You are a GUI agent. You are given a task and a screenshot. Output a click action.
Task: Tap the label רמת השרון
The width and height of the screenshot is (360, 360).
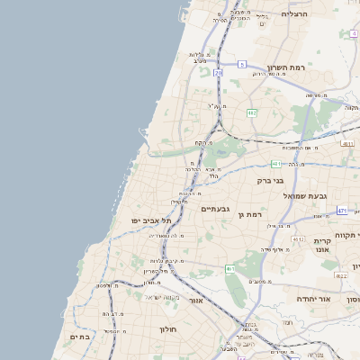click(x=288, y=67)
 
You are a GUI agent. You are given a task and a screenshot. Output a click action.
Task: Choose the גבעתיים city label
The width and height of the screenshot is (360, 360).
click(x=215, y=208)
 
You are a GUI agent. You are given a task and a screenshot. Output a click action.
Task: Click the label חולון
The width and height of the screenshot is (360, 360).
click(x=169, y=329)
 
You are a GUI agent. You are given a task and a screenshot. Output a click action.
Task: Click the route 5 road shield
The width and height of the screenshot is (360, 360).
click(x=242, y=64)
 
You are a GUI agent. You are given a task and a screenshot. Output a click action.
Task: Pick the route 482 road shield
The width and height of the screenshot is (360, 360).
click(x=252, y=112)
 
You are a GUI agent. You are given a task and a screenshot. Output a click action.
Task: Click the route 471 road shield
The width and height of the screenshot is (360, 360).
click(x=343, y=211)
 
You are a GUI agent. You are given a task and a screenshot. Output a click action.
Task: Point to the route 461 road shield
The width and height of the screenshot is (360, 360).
click(x=230, y=268)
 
